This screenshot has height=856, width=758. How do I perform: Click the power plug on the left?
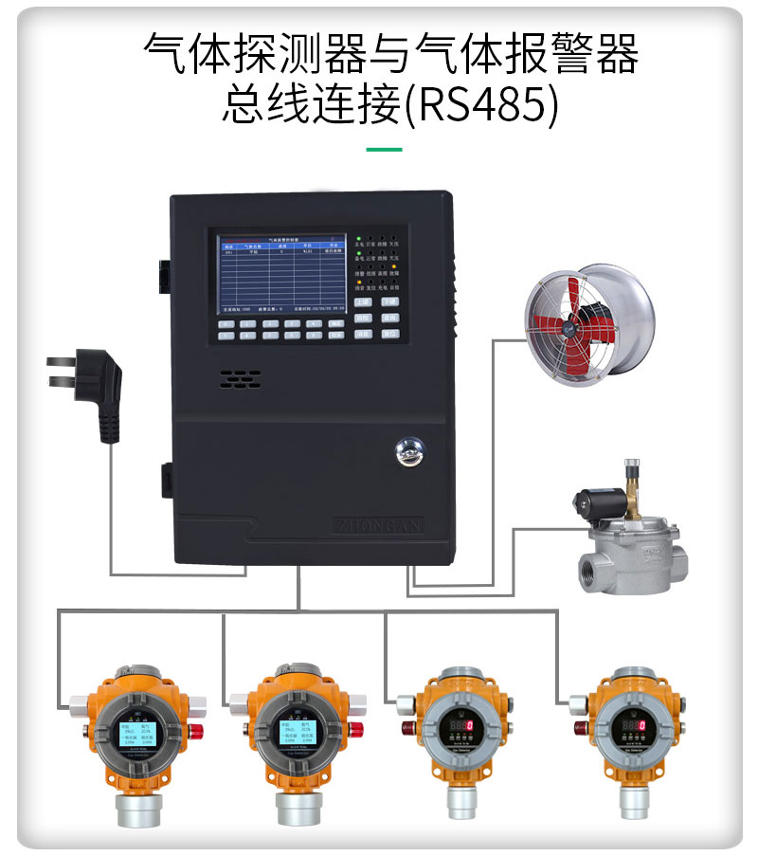pos(90,393)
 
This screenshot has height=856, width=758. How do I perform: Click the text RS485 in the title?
pos(482,106)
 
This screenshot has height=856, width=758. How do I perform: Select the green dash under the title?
pos(384,149)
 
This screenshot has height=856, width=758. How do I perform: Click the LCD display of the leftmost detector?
pos(136,732)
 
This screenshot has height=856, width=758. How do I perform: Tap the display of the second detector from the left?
pos(298,732)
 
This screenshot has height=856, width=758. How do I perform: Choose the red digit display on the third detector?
pos(460,727)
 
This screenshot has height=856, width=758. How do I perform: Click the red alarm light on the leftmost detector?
pos(197,730)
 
